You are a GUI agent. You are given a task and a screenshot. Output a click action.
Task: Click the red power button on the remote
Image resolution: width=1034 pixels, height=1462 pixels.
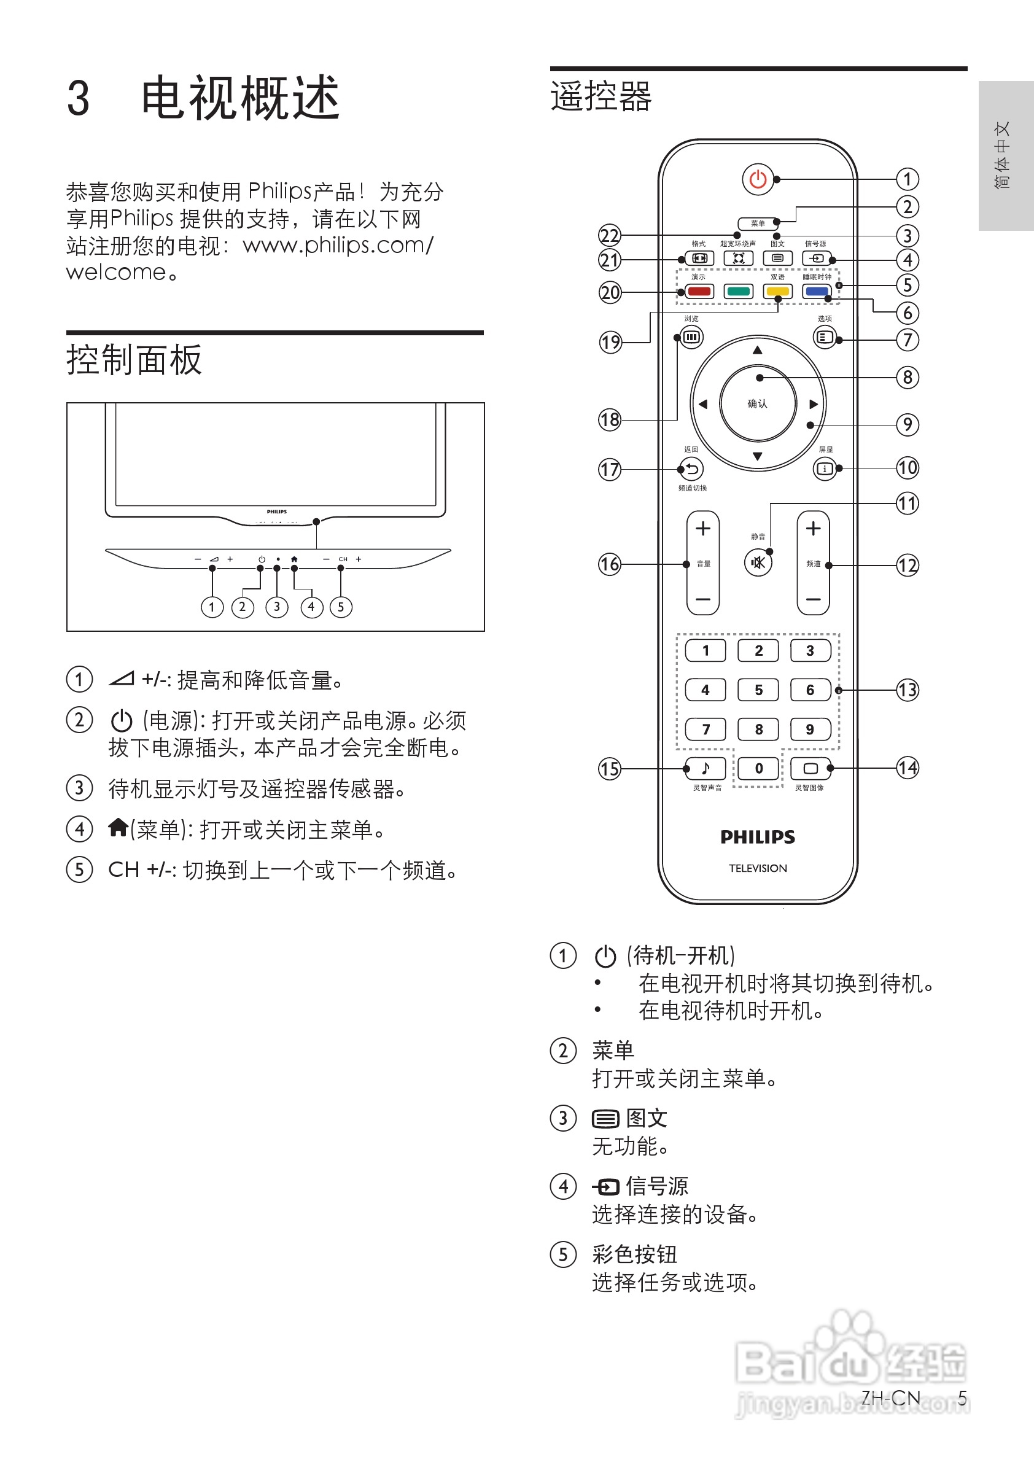758,179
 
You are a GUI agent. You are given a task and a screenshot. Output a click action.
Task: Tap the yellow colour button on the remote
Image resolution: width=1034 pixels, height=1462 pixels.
777,292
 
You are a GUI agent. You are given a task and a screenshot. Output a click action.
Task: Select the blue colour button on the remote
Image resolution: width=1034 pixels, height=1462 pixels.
817,292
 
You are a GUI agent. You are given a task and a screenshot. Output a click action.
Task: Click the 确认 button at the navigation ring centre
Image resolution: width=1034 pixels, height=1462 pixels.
758,403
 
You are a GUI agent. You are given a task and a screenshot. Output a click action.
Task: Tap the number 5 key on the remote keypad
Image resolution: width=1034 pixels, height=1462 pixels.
758,690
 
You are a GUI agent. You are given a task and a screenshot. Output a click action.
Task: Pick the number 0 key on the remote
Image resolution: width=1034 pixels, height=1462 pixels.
758,768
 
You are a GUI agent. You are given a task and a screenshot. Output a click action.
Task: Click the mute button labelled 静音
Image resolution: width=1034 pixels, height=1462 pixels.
758,562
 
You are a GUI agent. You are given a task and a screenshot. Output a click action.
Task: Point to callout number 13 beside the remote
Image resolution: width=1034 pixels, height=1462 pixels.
908,690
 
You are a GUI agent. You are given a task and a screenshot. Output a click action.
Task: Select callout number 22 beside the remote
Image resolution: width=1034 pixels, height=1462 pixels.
609,236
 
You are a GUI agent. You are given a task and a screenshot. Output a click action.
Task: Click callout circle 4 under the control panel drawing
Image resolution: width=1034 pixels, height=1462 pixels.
311,607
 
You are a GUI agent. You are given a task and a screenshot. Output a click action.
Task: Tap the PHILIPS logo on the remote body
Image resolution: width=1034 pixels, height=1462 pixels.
758,837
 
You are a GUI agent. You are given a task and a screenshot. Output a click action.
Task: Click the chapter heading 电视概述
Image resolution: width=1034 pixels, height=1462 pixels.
240,98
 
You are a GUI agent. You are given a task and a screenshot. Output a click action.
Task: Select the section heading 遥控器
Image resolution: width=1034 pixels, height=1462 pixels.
601,97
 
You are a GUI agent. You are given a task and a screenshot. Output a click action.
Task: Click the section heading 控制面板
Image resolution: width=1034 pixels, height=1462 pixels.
134,360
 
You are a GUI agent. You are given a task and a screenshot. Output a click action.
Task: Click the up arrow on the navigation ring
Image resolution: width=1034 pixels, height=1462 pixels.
757,350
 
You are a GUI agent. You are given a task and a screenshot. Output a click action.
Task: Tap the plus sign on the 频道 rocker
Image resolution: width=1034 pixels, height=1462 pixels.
813,529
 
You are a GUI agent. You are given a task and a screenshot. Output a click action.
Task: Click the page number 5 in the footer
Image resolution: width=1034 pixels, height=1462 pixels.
962,1398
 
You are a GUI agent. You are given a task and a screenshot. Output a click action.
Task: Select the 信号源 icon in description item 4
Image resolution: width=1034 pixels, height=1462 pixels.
605,1186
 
